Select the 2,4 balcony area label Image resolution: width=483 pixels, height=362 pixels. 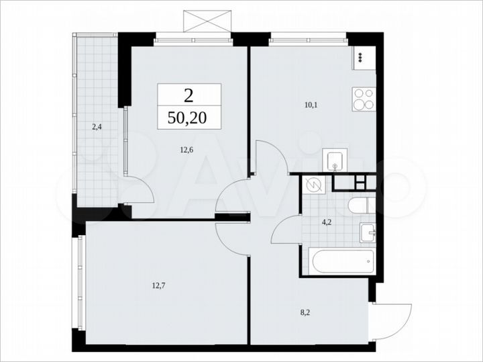(97, 126)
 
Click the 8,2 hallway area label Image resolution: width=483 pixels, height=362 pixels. (305, 312)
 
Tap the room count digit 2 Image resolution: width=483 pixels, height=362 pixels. (189, 94)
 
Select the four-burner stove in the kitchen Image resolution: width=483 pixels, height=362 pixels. (364, 99)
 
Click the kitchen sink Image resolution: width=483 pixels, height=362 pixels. (333, 161)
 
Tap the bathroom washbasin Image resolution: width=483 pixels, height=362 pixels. (367, 232)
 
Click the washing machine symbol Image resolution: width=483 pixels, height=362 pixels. (313, 184)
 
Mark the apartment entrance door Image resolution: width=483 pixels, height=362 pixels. (391, 321)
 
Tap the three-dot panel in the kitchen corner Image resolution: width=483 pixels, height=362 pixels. (361, 57)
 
